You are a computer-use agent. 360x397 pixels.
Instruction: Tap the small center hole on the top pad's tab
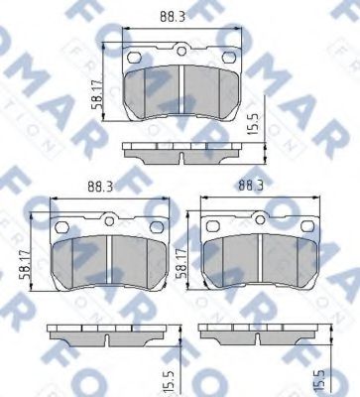pos(181,52)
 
